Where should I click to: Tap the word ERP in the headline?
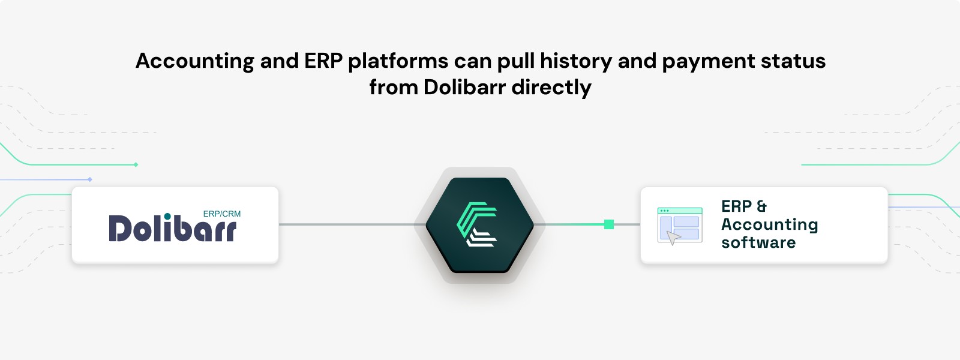(323, 61)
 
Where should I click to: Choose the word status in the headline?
(793, 61)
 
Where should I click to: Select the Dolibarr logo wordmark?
(173, 227)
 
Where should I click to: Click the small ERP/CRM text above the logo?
(222, 214)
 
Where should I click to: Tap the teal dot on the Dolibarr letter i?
(167, 217)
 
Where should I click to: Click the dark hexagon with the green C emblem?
(479, 225)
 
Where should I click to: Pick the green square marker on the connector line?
(609, 224)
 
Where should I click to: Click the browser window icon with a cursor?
(680, 226)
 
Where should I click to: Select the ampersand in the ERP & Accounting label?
(761, 206)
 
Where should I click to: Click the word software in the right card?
(758, 242)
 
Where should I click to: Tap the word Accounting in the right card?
(770, 225)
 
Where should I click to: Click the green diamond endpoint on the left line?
(136, 164)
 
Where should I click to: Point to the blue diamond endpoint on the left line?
(90, 179)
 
